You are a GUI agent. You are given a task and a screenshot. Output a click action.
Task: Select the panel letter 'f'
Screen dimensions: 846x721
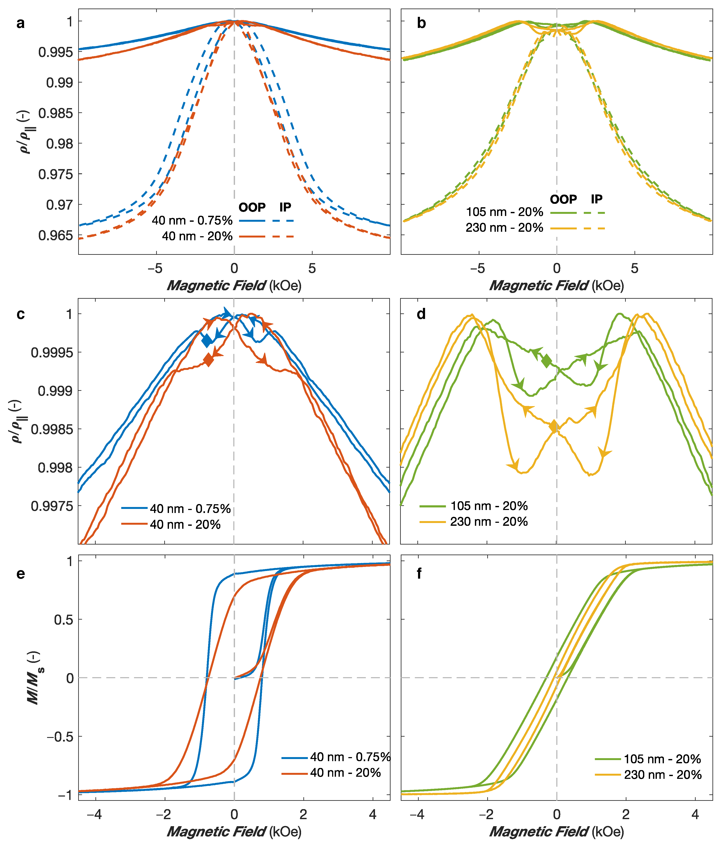click(419, 574)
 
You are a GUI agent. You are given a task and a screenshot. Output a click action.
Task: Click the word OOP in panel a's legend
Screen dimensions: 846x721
click(252, 207)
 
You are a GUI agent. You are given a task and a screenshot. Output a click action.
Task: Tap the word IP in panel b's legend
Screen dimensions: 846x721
click(597, 199)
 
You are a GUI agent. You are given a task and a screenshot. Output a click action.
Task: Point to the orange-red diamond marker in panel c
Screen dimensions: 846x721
click(209, 360)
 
